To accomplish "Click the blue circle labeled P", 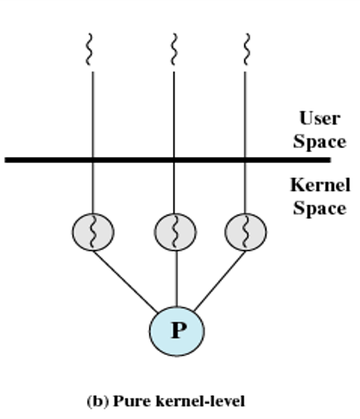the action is [x=176, y=331].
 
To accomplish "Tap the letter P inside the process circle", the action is [x=179, y=330].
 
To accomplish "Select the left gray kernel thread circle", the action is [x=93, y=232].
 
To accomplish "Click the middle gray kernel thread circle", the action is [x=176, y=232].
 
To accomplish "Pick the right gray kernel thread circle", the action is [x=245, y=232].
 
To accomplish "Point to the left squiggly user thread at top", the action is [x=89, y=50].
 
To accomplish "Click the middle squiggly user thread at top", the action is [x=174, y=50].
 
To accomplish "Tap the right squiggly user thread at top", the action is [x=246, y=50].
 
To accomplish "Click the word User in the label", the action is [x=319, y=118].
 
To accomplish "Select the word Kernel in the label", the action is [x=320, y=185].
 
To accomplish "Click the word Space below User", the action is [x=319, y=142].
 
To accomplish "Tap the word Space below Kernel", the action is [x=319, y=208].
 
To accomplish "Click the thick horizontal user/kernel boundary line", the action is [x=167, y=159].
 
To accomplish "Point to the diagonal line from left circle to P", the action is [x=125, y=282].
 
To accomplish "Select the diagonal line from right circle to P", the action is [x=219, y=281].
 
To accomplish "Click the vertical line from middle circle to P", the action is [x=176, y=278].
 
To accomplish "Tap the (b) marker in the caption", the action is [x=98, y=401].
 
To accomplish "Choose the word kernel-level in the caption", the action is [x=201, y=401].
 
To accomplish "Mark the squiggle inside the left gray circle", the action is [x=93, y=232].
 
